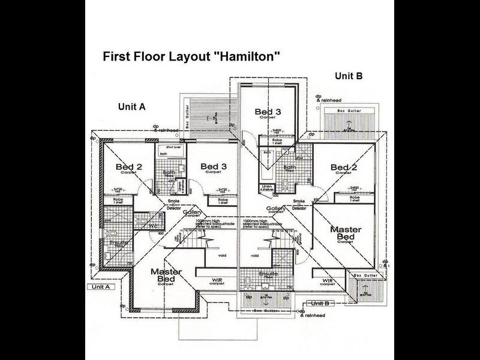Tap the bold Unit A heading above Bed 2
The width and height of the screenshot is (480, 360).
coord(131,107)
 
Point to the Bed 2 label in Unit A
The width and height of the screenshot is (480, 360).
coord(129,167)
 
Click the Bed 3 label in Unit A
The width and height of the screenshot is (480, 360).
coord(214,166)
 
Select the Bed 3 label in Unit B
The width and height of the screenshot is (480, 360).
coord(268,112)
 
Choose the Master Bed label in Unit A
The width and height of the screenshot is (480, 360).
coord(166,275)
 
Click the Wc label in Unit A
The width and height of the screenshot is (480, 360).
coord(153,226)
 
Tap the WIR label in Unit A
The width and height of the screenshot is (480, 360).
coord(217,280)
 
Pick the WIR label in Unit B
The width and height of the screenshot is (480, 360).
coord(327,280)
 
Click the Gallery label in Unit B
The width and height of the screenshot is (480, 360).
coord(275,208)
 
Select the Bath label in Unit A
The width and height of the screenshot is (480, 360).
coord(169,173)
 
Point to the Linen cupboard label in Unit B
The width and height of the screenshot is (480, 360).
coord(268,187)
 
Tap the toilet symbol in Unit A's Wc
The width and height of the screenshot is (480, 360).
coord(142,221)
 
